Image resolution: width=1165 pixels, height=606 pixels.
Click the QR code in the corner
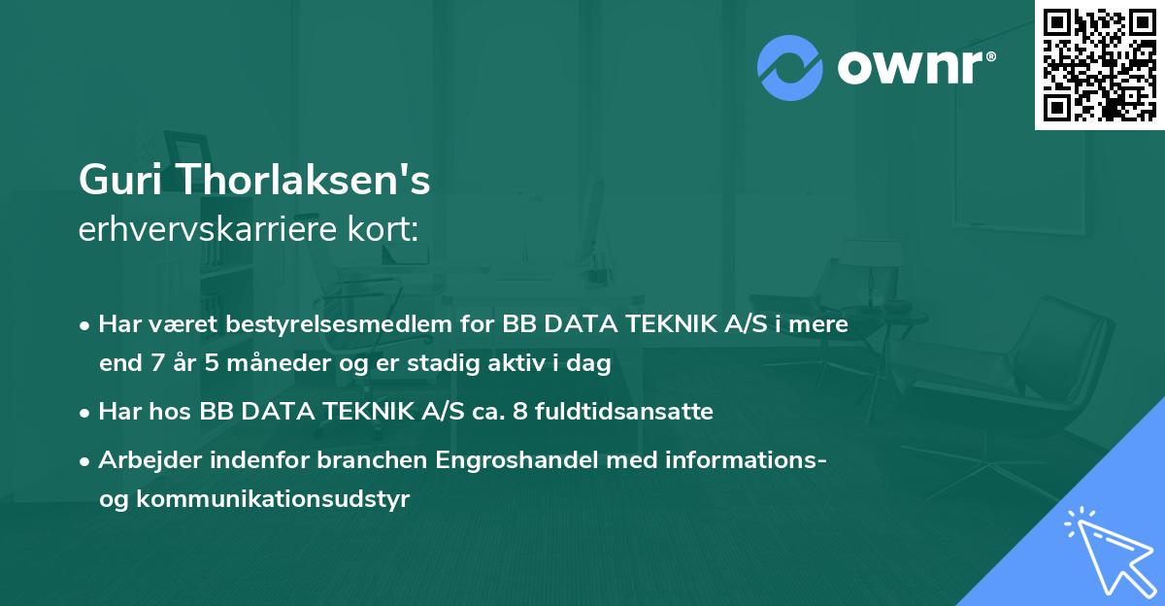coord(1099,65)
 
